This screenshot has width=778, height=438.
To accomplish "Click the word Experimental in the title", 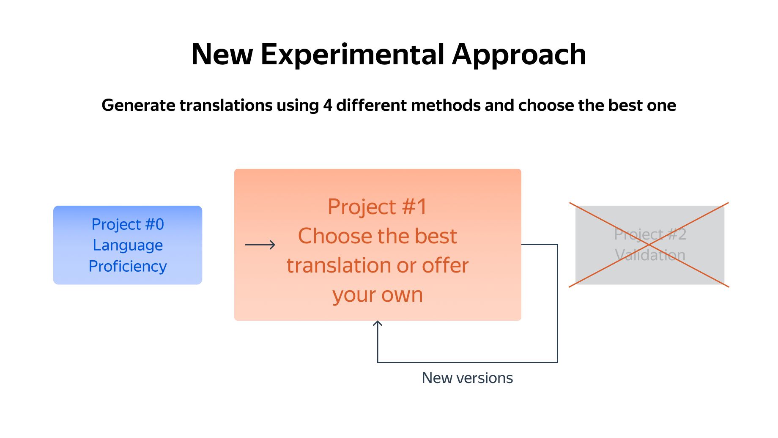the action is click(x=353, y=55).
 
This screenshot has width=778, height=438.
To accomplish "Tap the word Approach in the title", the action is click(x=519, y=55).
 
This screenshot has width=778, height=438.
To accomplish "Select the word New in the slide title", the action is click(x=222, y=55).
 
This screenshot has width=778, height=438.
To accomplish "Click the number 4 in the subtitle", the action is click(x=327, y=105).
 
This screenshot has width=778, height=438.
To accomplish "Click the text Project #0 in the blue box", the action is click(x=128, y=224).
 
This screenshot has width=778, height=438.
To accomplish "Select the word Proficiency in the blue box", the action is click(x=128, y=267).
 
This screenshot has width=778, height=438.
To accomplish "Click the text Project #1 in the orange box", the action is click(x=378, y=207).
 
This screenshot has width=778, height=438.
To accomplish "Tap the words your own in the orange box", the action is click(x=378, y=295).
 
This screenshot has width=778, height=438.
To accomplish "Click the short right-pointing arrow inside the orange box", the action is click(x=260, y=245).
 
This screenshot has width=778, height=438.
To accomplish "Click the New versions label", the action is click(x=467, y=378).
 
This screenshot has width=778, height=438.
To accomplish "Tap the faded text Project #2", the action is click(x=650, y=234).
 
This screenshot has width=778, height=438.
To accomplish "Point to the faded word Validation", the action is click(x=650, y=255).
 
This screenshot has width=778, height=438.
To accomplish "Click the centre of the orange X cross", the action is click(x=649, y=245).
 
